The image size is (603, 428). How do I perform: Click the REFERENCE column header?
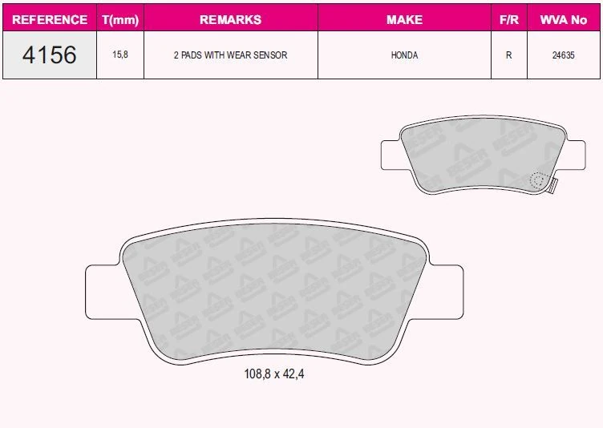pyautogui.click(x=50, y=19)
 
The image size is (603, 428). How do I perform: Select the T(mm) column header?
pyautogui.click(x=120, y=19)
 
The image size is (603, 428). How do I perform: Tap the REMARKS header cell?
pyautogui.click(x=230, y=19)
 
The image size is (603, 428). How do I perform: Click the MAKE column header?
pyautogui.click(x=404, y=19)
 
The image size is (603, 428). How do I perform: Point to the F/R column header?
pyautogui.click(x=508, y=19)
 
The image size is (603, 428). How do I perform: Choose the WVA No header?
pyautogui.click(x=564, y=19)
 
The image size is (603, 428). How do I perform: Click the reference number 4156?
pyautogui.click(x=50, y=55)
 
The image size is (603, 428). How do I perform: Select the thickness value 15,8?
pyautogui.click(x=120, y=55)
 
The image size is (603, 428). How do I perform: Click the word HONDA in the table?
pyautogui.click(x=404, y=55)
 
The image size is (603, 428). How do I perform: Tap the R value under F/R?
pyautogui.click(x=508, y=55)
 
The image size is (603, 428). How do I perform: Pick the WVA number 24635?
pyautogui.click(x=564, y=55)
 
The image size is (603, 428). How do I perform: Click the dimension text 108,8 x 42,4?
pyautogui.click(x=273, y=373)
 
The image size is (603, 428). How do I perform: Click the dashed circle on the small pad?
pyautogui.click(x=539, y=180)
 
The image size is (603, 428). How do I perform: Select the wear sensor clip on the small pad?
pyautogui.click(x=552, y=185)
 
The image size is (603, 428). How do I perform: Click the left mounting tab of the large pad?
pyautogui.click(x=100, y=293)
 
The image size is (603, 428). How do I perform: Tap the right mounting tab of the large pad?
pyautogui.click(x=447, y=293)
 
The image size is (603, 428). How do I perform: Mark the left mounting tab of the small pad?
pyautogui.click(x=392, y=154)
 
